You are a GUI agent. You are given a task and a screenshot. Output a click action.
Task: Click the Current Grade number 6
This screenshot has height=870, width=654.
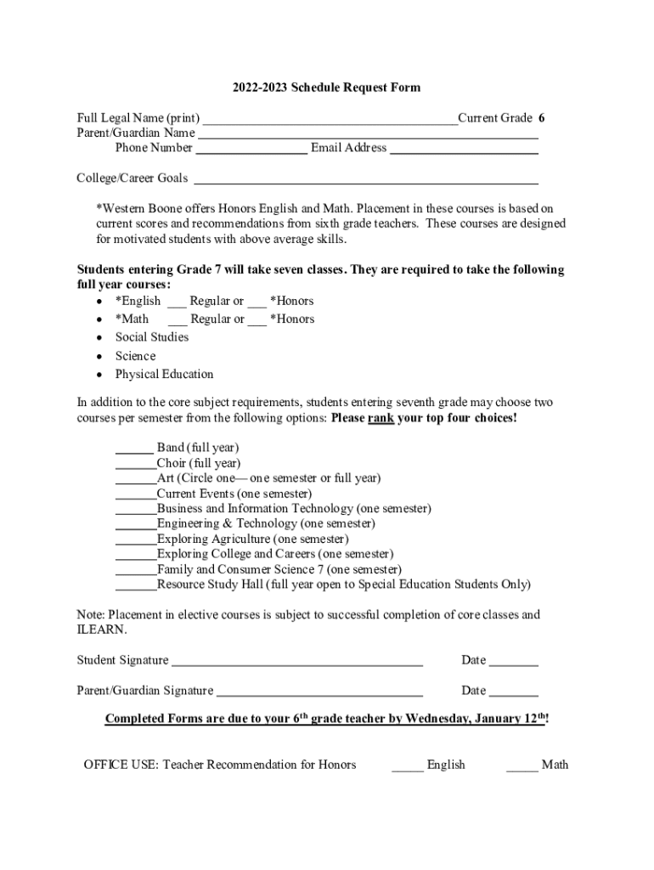pos(542,118)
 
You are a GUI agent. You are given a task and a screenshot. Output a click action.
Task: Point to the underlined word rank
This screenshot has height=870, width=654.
pos(381,419)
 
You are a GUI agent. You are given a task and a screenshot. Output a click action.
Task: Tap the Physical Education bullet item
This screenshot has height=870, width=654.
pos(164,375)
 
